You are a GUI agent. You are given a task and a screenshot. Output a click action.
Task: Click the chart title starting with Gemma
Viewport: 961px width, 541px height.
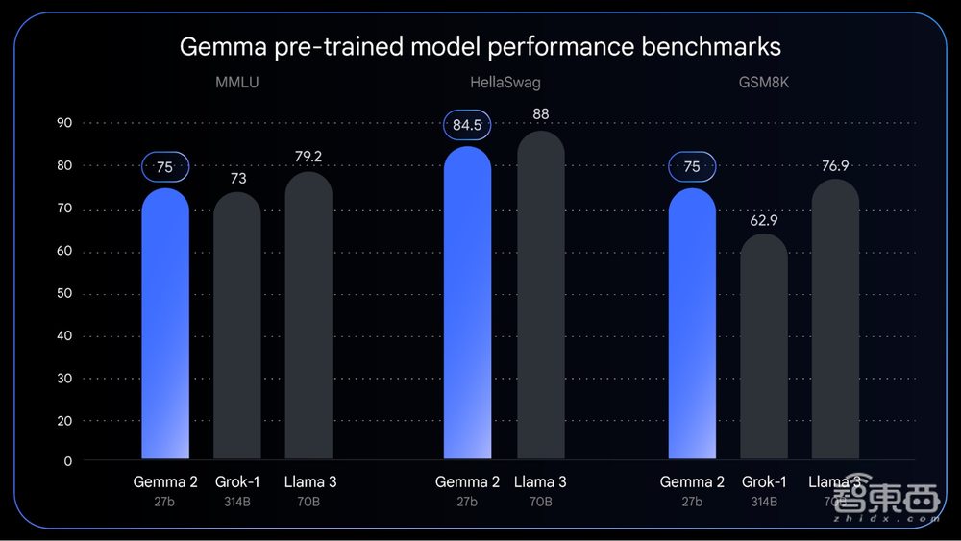point(480,46)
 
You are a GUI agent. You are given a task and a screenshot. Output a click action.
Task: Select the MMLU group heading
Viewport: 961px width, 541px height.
point(236,83)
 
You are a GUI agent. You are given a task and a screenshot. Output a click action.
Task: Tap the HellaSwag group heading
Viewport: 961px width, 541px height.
point(505,83)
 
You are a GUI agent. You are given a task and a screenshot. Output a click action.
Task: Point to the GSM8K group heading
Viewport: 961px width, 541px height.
point(764,83)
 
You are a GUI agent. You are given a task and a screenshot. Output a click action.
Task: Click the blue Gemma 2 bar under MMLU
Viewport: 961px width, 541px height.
point(165,327)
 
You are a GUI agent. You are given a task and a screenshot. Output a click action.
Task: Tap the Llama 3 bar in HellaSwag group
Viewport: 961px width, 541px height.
point(540,298)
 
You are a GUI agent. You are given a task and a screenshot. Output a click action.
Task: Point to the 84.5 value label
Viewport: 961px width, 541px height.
point(467,124)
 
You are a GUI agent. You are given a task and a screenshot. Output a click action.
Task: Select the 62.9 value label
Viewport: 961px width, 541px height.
point(764,220)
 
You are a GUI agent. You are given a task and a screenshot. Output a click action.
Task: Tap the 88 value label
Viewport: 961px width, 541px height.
point(540,115)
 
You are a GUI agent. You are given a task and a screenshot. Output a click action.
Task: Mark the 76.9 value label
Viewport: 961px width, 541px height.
point(835,165)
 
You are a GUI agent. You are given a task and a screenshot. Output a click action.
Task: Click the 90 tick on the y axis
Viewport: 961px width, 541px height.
point(65,123)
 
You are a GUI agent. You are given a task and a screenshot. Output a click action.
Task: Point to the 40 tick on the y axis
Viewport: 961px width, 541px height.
point(65,336)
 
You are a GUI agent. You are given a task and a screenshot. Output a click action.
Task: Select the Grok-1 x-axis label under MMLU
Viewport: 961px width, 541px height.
point(236,481)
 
